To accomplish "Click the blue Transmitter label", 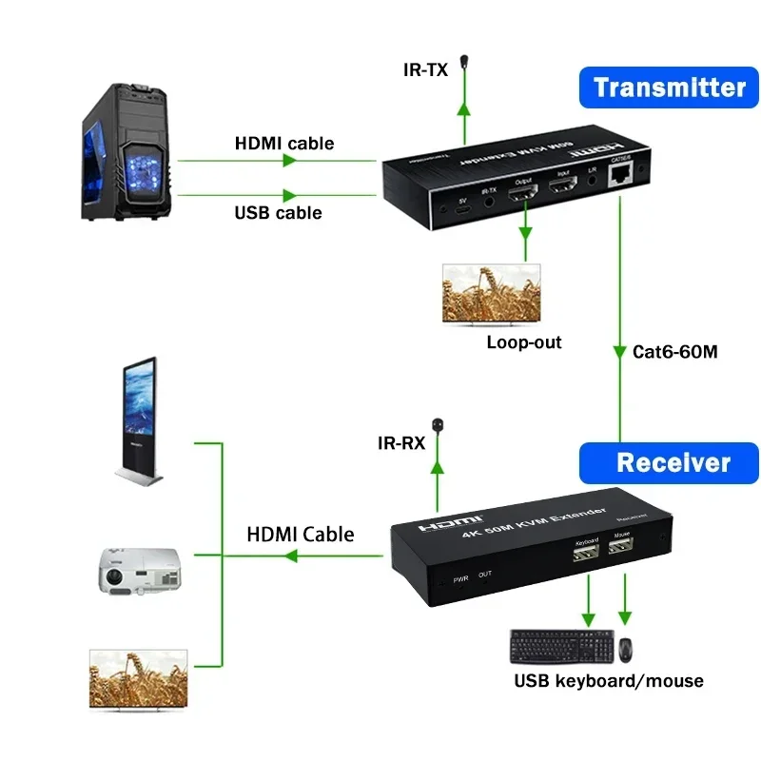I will click(670, 88).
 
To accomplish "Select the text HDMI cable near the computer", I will click(284, 144).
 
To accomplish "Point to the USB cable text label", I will click(278, 212).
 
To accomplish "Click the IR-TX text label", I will click(425, 68).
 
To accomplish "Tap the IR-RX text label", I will click(400, 442).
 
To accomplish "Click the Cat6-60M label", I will click(674, 351).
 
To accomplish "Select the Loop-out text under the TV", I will click(523, 342).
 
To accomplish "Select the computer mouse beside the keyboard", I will click(626, 650).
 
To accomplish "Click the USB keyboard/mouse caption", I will click(609, 681).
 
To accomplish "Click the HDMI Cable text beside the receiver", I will click(301, 535).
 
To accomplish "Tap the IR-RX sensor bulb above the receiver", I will click(438, 424).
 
